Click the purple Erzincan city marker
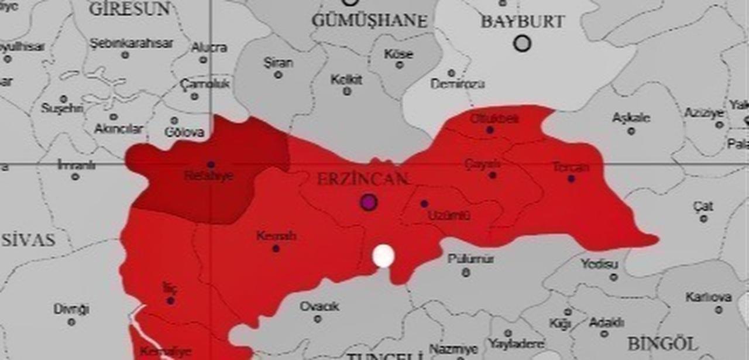[368, 203]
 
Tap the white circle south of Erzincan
[383, 256]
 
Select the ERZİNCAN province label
[362, 179]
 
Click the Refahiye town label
[208, 176]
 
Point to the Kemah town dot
[276, 248]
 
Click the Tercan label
[571, 167]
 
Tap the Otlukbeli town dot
[490, 130]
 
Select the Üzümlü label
[449, 215]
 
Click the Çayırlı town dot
[493, 175]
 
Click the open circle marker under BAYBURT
[522, 43]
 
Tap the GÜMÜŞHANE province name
[369, 21]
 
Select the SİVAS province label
[28, 239]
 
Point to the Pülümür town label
[470, 259]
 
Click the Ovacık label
[319, 307]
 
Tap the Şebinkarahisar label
[132, 43]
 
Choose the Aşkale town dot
[631, 131]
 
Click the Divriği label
[71, 309]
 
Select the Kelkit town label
[346, 80]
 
